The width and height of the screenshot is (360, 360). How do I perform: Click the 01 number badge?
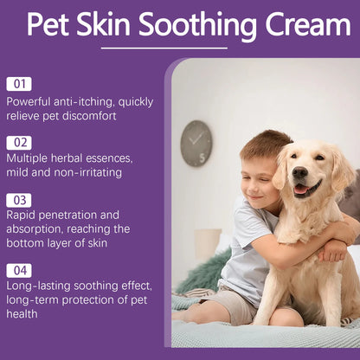(x=19, y=84)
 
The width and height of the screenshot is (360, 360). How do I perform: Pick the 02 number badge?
(x=19, y=141)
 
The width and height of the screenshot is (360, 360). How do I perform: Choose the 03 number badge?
(x=19, y=199)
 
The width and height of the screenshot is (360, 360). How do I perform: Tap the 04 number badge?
(x=19, y=270)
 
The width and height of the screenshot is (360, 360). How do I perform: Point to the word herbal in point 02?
(x=73, y=158)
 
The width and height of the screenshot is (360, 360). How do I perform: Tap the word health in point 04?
(x=24, y=313)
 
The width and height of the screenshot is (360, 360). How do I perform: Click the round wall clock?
(x=196, y=143)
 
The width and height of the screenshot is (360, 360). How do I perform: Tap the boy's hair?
(x=265, y=145)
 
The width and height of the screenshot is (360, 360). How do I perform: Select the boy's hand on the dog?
(x=331, y=252)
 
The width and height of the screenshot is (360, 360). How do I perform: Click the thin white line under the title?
(x=164, y=48)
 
